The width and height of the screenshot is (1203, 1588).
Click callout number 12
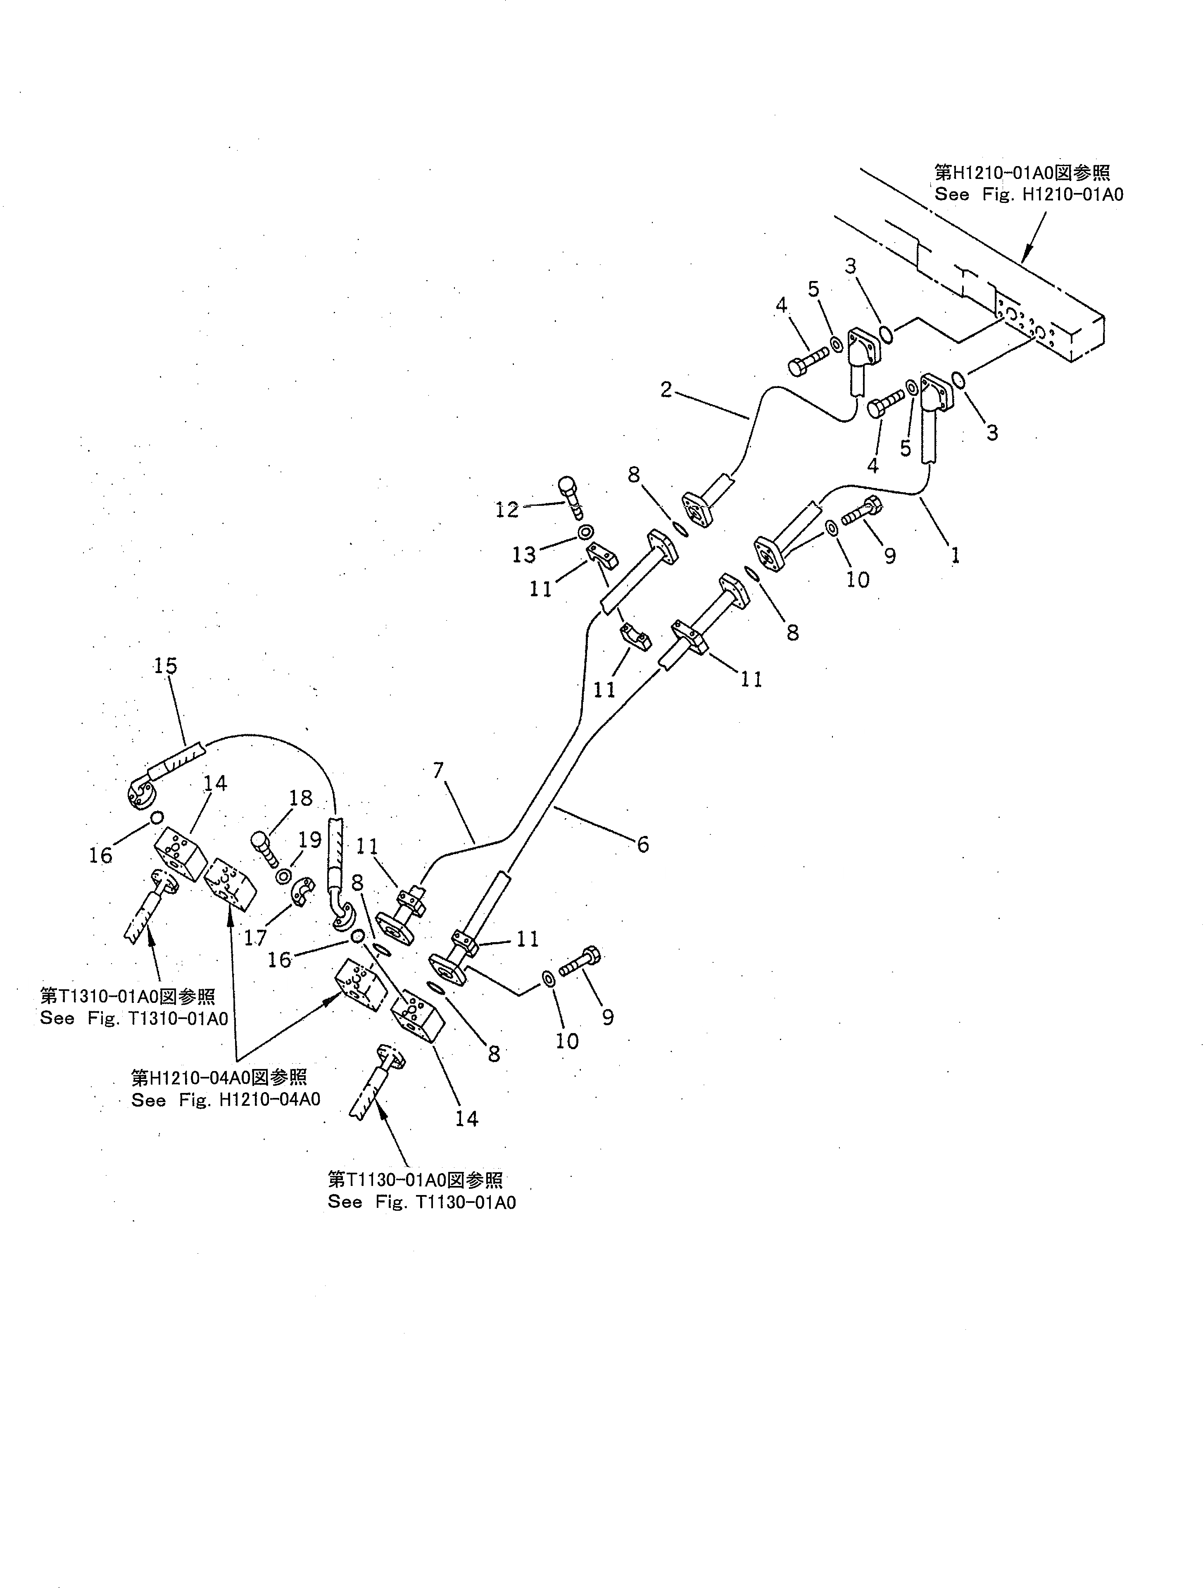coord(507,510)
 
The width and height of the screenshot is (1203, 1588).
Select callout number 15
coord(165,666)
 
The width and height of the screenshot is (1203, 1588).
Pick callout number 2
coord(666,390)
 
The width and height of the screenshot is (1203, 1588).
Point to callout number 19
coord(310,839)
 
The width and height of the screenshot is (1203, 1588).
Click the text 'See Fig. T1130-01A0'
coord(422,1202)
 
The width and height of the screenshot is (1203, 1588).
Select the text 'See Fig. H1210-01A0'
coord(1029,194)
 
